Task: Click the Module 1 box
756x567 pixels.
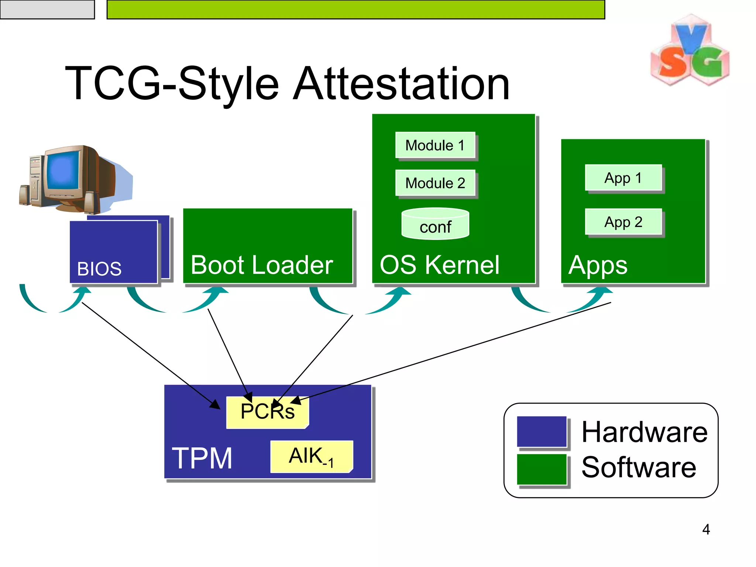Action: click(x=435, y=145)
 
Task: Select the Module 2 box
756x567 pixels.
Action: click(x=435, y=183)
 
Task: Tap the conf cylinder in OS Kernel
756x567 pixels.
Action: click(x=435, y=224)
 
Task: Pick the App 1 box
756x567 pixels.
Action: click(x=623, y=178)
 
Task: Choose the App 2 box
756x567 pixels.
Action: click(x=623, y=222)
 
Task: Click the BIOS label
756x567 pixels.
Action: click(x=99, y=269)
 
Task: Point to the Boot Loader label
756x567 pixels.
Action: click(x=262, y=265)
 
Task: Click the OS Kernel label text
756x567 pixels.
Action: click(x=439, y=265)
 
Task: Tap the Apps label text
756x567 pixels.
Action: click(x=598, y=265)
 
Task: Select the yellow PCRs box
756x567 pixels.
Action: click(x=267, y=412)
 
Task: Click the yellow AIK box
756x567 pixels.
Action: click(x=311, y=456)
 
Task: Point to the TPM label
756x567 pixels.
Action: click(x=202, y=458)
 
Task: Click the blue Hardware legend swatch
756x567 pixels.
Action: click(x=542, y=432)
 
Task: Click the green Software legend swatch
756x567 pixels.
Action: click(x=542, y=469)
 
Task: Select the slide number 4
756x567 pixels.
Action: click(x=706, y=529)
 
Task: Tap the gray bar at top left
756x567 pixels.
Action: click(x=47, y=9)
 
